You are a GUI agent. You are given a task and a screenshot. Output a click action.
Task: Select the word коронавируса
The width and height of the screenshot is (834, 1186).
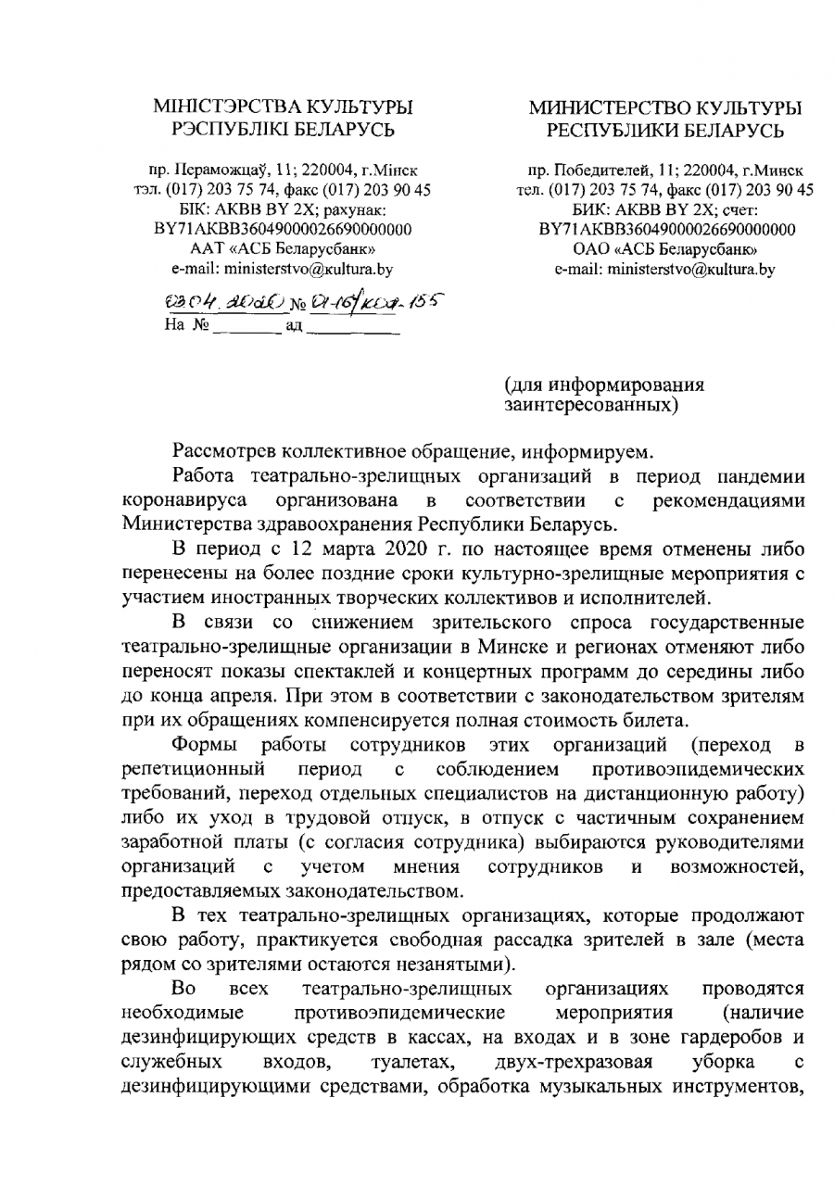(x=183, y=501)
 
